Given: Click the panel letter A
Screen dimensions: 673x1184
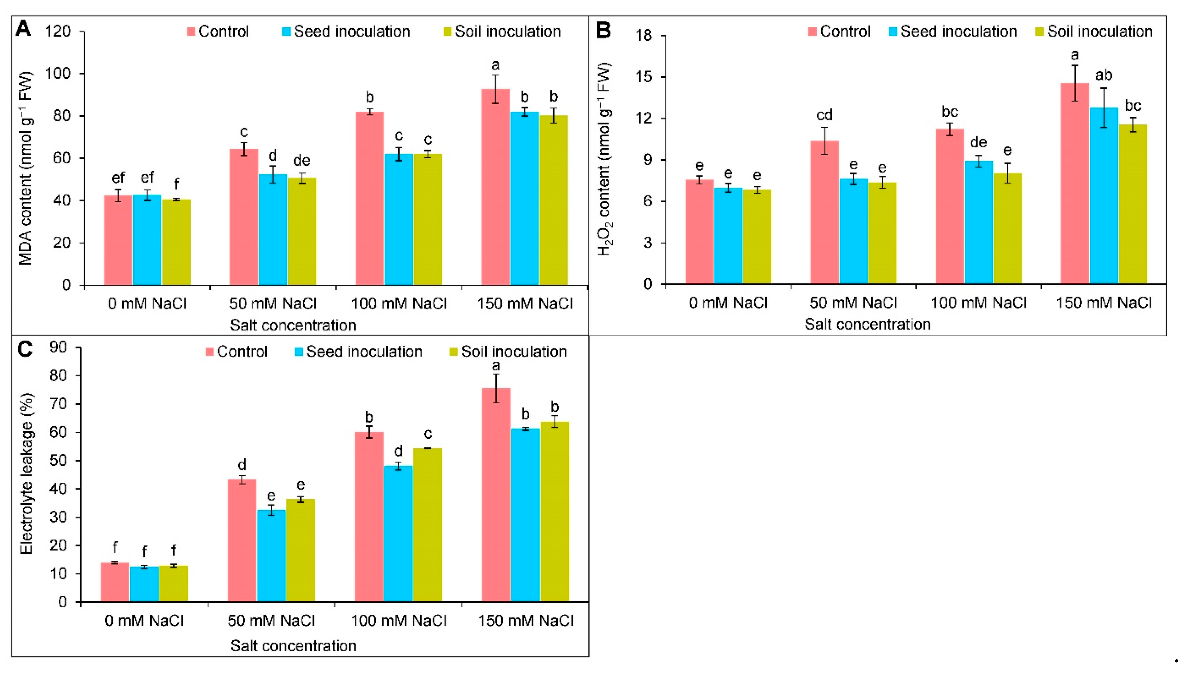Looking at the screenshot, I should [23, 29].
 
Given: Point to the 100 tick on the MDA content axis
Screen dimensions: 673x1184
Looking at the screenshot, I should [57, 74].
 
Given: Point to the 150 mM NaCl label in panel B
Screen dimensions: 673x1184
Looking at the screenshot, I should [1104, 303].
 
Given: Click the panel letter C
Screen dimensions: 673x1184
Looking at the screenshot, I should [25, 349].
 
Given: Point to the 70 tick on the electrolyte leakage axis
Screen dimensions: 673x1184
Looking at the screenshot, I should [58, 404].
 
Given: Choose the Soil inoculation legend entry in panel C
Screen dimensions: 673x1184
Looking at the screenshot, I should [508, 352].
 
